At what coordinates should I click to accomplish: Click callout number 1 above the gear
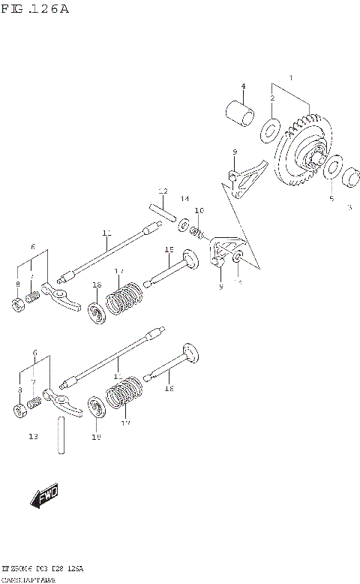292,78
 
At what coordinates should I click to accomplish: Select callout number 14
184,198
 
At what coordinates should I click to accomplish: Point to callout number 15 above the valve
169,248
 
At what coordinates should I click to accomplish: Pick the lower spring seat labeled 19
96,409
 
